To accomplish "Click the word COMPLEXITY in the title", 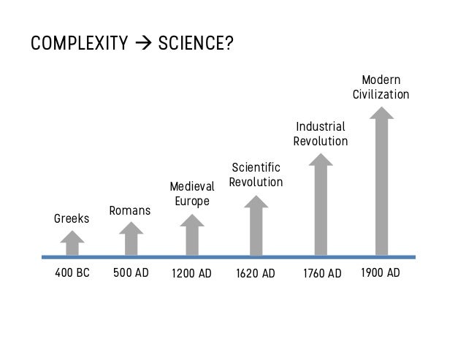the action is [x=80, y=43].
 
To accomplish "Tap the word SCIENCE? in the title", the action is [x=196, y=43].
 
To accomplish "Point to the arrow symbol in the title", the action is [x=143, y=43].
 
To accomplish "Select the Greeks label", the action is [x=72, y=218].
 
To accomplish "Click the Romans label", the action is [x=130, y=210].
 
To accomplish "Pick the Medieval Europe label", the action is [x=192, y=194].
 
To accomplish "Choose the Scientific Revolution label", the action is [x=256, y=175].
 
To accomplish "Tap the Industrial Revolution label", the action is [x=321, y=134].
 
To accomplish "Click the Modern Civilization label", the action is [x=381, y=88].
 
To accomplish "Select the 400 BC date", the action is [x=72, y=272].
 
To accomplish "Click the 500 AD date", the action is [x=131, y=272].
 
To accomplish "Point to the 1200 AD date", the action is [x=191, y=274].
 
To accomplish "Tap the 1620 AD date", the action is [x=256, y=274].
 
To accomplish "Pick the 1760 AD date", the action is [x=322, y=274].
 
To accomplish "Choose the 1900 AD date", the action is [x=381, y=272].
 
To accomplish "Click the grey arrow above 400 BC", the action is [x=72, y=243].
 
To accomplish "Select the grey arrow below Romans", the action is [x=131, y=239].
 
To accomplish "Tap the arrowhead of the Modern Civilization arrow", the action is [x=381, y=113].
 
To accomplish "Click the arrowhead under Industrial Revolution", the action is [x=321, y=159].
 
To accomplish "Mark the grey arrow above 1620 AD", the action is [x=256, y=226].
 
